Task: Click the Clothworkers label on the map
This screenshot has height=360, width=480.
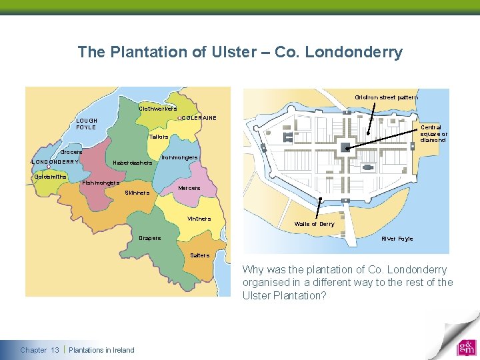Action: click(x=157, y=109)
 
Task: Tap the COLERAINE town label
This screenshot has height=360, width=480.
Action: click(x=199, y=118)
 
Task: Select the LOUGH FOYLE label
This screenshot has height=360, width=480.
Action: click(x=87, y=123)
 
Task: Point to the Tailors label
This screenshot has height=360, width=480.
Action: click(x=159, y=137)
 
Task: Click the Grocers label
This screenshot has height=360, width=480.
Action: click(x=71, y=152)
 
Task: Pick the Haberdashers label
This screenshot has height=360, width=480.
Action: click(x=133, y=162)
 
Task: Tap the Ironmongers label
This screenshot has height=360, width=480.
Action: click(x=180, y=158)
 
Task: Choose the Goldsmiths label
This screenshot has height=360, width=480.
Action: click(x=50, y=177)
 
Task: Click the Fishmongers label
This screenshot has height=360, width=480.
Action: click(x=101, y=183)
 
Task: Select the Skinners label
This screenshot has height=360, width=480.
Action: click(x=137, y=193)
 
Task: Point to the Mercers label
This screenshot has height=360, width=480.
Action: click(x=189, y=188)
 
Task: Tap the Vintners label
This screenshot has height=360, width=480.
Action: click(x=199, y=219)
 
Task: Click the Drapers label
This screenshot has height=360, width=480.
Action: click(x=149, y=238)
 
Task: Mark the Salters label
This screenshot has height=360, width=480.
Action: click(x=199, y=255)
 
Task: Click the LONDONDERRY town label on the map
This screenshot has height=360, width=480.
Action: click(x=55, y=161)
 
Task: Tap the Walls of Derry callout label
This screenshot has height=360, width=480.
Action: click(x=314, y=224)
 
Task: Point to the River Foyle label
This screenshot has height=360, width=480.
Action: click(x=397, y=239)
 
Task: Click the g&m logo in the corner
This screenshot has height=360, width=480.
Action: click(x=465, y=349)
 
